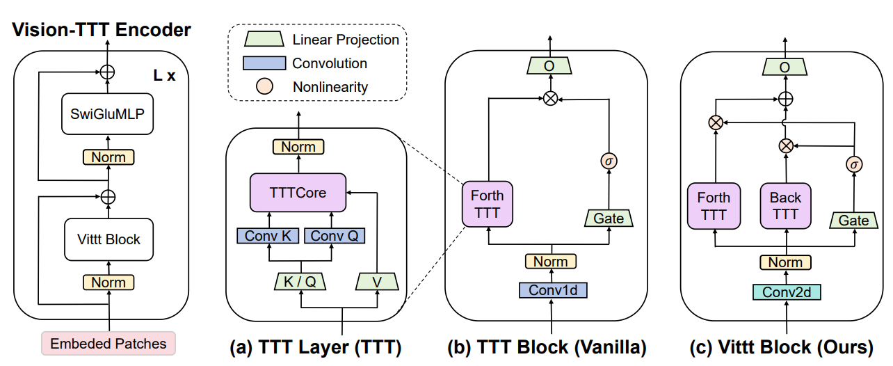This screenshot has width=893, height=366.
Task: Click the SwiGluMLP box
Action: tap(108, 113)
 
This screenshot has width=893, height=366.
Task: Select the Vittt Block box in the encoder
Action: tap(108, 239)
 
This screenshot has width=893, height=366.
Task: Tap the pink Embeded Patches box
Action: tap(108, 343)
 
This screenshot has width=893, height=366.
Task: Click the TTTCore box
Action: tap(298, 193)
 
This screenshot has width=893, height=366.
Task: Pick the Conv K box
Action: tap(268, 236)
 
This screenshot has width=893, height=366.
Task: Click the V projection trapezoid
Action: tap(376, 281)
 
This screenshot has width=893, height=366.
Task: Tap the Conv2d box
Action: tap(786, 292)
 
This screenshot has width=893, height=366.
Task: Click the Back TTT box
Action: tap(785, 207)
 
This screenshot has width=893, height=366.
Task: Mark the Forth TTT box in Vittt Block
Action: tap(714, 207)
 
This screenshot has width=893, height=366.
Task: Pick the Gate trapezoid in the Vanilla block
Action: tap(609, 218)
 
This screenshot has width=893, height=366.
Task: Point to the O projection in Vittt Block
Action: tap(785, 67)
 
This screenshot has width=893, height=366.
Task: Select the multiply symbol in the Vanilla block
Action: tap(550, 99)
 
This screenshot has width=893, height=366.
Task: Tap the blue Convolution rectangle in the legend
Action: tap(264, 63)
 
